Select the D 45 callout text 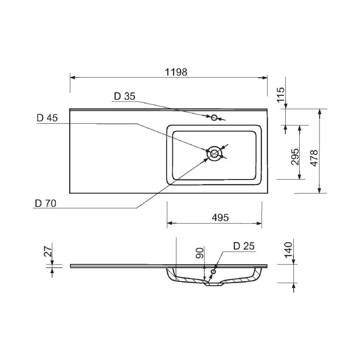click(x=47, y=118)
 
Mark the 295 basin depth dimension click(x=295, y=157)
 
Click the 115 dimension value click(x=280, y=96)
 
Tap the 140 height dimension click(x=288, y=250)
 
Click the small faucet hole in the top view click(x=214, y=118)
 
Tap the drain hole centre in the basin click(x=214, y=153)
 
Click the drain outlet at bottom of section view click(x=215, y=284)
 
